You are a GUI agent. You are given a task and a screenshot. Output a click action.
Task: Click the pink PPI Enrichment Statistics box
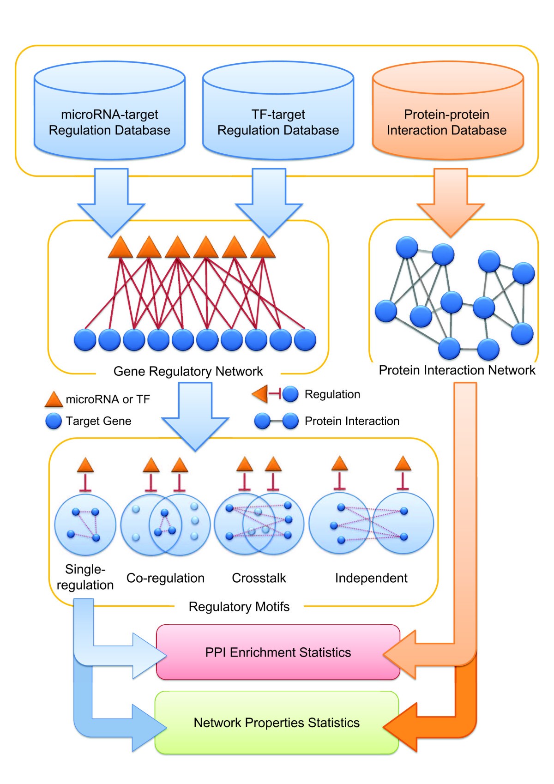click(x=278, y=652)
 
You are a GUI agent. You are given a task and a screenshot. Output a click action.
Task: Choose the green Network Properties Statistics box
click(x=277, y=723)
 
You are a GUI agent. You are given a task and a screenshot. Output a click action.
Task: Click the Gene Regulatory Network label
click(x=188, y=371)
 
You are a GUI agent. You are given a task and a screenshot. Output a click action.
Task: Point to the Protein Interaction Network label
click(x=457, y=370)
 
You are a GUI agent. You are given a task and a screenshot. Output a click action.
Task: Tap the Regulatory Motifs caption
click(x=239, y=606)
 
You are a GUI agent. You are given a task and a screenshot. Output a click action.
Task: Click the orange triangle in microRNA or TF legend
click(x=54, y=400)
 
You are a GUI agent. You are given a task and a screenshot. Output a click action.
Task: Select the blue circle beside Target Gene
click(x=54, y=421)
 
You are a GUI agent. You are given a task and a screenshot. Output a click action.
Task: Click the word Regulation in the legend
click(x=332, y=394)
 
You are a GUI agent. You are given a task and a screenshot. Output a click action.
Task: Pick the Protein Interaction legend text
click(x=352, y=421)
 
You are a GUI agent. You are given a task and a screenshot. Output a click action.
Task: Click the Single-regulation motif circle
click(x=85, y=525)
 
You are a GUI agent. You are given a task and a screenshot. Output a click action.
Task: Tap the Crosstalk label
click(x=259, y=578)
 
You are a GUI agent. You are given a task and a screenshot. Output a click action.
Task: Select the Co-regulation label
click(x=165, y=578)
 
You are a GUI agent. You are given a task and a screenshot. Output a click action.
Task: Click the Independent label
click(x=371, y=578)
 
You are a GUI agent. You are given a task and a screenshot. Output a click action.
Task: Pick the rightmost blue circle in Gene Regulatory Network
click(x=305, y=340)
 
